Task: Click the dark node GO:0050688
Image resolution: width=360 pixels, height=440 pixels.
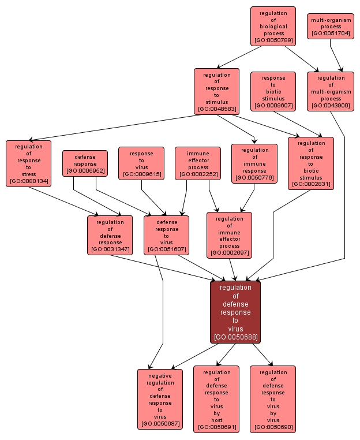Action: click(x=235, y=312)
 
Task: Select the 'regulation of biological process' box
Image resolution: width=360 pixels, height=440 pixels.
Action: click(x=273, y=27)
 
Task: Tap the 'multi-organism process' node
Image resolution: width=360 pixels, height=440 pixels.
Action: click(x=331, y=27)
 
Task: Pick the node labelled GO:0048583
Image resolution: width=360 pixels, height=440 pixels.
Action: click(x=216, y=91)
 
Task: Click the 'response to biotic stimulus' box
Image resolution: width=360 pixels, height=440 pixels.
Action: click(x=273, y=91)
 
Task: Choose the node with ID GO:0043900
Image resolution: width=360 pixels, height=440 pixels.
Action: click(x=331, y=91)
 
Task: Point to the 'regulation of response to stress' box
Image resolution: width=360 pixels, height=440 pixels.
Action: click(x=29, y=163)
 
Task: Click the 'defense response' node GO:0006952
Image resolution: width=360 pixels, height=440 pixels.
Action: click(x=85, y=163)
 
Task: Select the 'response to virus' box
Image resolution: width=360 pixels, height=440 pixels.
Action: click(x=141, y=163)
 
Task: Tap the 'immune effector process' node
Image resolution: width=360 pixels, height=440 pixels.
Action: click(x=198, y=163)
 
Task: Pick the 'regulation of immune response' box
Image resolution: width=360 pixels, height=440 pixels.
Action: click(x=254, y=163)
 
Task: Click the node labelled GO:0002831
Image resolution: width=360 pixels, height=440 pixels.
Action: click(x=311, y=163)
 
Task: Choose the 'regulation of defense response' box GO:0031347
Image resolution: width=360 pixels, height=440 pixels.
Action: click(x=110, y=235)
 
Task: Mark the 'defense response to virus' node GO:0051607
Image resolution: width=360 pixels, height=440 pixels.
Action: click(x=167, y=235)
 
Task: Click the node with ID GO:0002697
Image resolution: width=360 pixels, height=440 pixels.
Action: click(x=229, y=235)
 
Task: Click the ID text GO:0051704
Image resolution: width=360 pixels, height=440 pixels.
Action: click(x=331, y=34)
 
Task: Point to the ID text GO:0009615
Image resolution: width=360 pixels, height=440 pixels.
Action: click(x=141, y=174)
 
